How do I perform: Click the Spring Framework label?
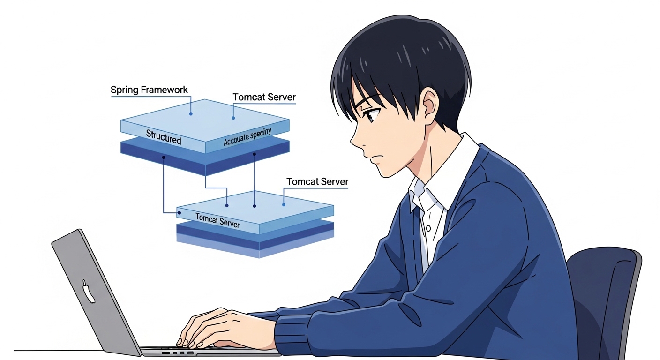click(149, 90)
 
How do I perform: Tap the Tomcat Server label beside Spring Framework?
click(264, 97)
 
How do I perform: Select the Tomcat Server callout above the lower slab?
click(317, 181)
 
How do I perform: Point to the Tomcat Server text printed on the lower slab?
click(217, 220)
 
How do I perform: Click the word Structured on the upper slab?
click(163, 137)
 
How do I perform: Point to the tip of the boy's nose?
click(352, 140)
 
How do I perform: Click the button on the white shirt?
click(428, 229)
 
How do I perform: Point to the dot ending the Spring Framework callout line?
click(191, 113)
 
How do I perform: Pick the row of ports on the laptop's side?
click(178, 352)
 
